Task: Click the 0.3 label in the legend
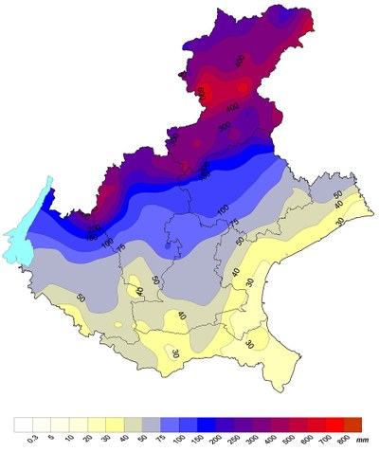32,438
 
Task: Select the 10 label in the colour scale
68,438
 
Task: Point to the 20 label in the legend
87,438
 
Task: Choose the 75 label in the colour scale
160,438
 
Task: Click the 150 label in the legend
196,439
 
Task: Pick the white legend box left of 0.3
23,424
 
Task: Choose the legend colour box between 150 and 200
206,424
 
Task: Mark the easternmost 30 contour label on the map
339,221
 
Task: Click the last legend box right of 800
352,424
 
